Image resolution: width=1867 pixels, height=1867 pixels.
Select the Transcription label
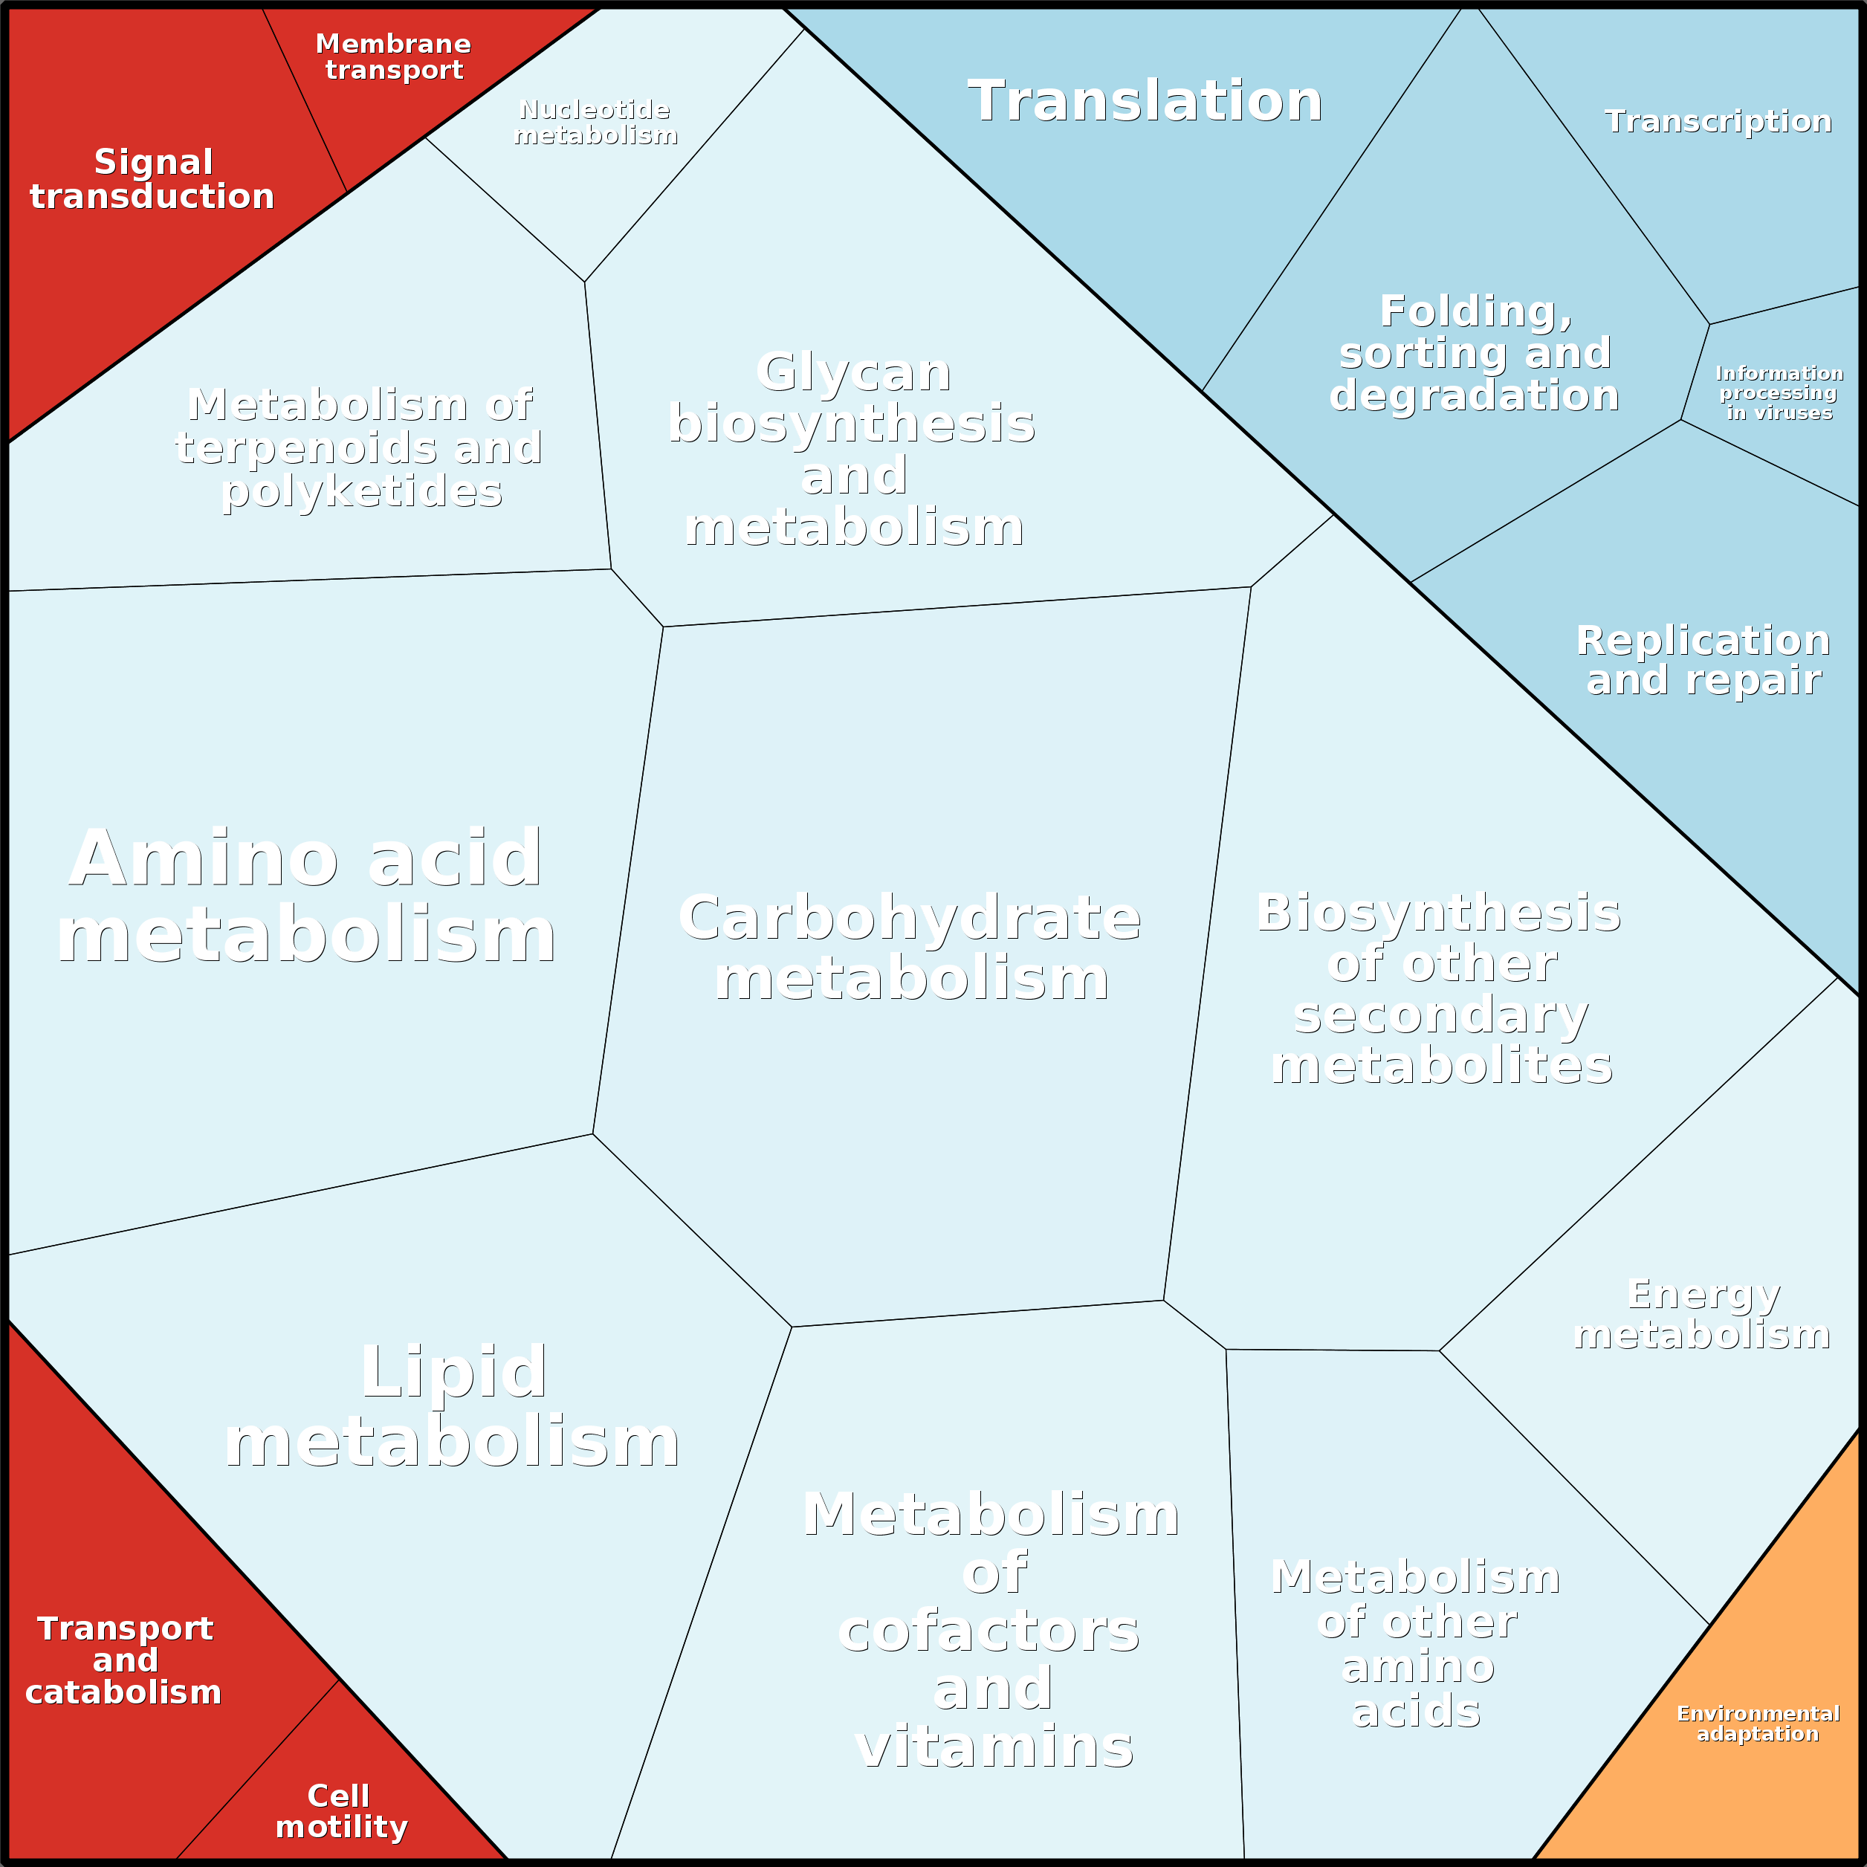click(1717, 122)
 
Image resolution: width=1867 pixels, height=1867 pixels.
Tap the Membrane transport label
click(393, 57)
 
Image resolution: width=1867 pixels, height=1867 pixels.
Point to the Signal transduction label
click(152, 180)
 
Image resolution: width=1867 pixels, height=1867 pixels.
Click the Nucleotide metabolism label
click(595, 123)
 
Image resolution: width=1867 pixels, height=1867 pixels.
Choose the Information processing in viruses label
click(1779, 393)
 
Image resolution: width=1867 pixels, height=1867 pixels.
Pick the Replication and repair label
click(1703, 660)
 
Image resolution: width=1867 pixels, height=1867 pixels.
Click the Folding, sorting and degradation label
click(1475, 354)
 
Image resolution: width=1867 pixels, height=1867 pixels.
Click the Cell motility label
click(341, 1811)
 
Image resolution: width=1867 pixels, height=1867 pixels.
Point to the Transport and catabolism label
click(123, 1660)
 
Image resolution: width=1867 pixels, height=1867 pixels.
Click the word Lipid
click(453, 1372)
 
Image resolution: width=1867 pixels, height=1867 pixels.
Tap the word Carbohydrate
click(909, 918)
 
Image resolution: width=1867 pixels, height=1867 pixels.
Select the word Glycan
click(853, 373)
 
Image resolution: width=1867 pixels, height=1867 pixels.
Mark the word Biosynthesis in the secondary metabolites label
click(1439, 913)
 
